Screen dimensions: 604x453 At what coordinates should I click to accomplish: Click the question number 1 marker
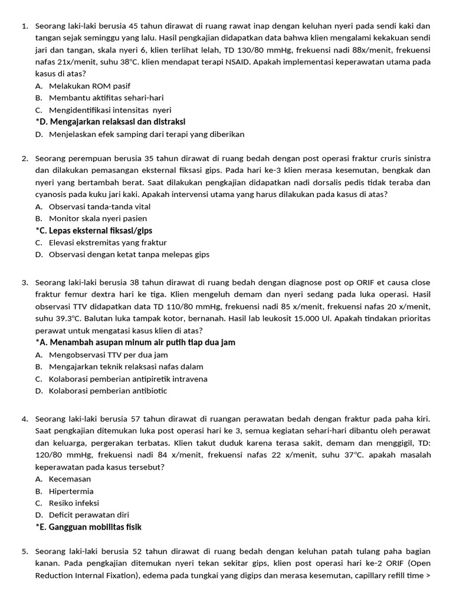25,26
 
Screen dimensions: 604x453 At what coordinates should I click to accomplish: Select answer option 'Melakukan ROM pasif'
90,86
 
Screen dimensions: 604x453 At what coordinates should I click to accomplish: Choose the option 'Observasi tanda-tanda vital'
100,206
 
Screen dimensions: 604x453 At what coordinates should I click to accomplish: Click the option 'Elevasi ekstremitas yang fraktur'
108,242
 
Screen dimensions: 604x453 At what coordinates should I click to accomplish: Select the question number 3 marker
25,283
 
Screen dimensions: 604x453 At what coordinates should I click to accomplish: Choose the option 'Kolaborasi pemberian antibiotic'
108,390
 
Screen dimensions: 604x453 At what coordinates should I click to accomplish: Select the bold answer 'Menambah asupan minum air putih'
135,343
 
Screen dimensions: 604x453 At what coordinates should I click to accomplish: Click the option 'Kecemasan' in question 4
70,479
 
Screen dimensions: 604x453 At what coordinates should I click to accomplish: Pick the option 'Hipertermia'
71,491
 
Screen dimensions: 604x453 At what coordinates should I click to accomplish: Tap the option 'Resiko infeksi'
74,503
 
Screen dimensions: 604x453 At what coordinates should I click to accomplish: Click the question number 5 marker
25,551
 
